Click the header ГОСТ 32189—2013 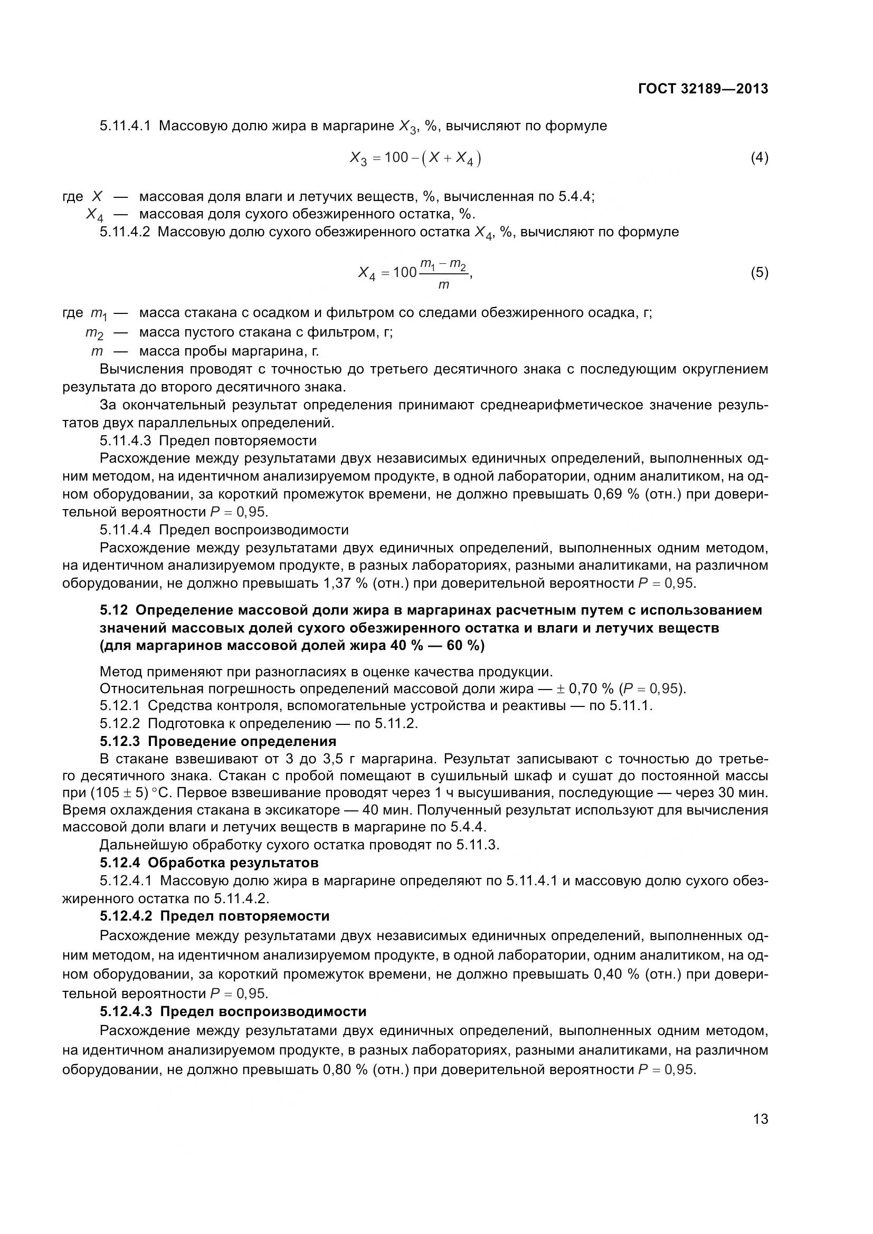[703, 89]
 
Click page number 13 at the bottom [761, 1119]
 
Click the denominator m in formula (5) [443, 285]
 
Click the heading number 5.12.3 [119, 741]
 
